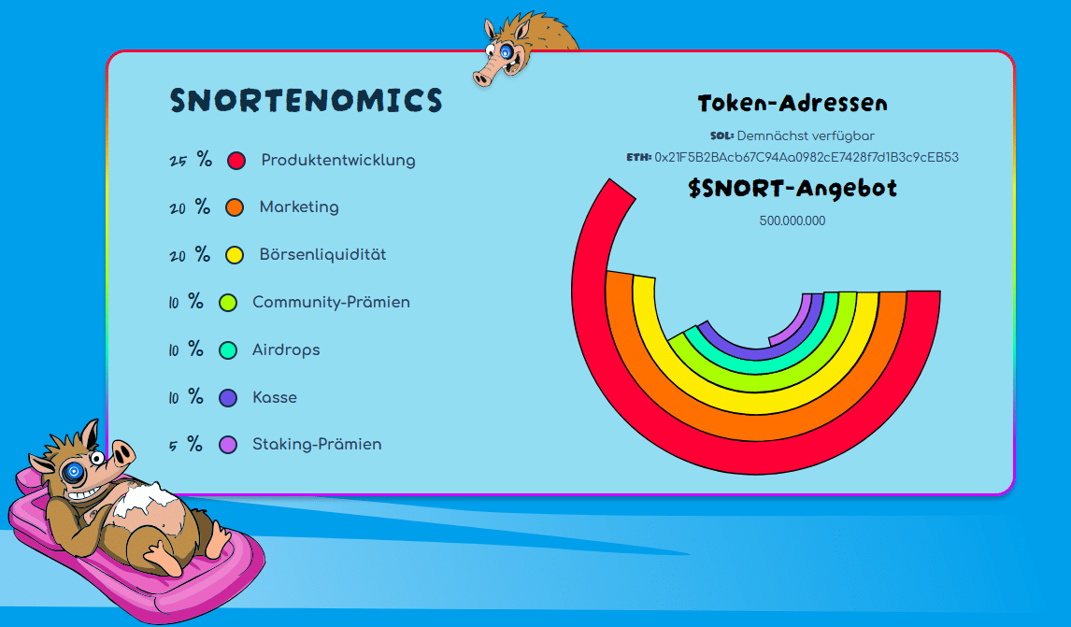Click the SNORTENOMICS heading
click(x=306, y=100)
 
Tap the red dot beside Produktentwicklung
click(x=236, y=161)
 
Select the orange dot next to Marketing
click(x=235, y=207)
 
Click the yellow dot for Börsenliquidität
click(x=235, y=255)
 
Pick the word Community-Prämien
click(x=331, y=302)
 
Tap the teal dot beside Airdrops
click(x=227, y=350)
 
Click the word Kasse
click(x=275, y=397)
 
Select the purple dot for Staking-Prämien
click(x=227, y=445)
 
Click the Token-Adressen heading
click(x=793, y=103)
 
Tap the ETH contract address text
click(x=806, y=157)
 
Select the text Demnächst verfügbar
click(x=806, y=135)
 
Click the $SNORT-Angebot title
click(x=793, y=189)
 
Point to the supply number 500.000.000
click(x=793, y=221)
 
